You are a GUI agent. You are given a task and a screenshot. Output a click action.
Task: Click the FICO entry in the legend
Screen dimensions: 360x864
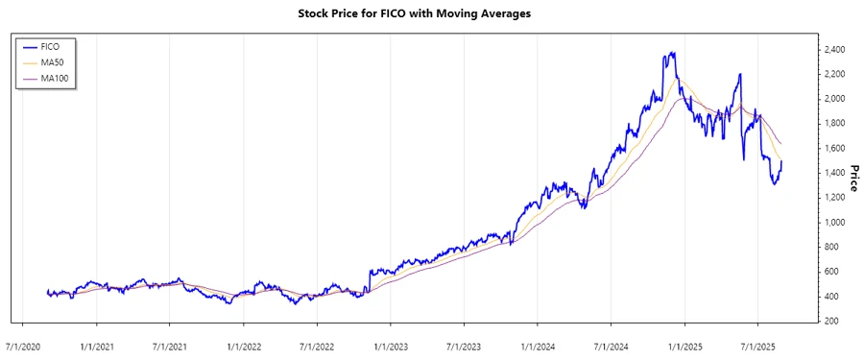(x=52, y=46)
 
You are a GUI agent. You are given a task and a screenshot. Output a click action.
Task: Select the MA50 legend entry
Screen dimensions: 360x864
(x=52, y=62)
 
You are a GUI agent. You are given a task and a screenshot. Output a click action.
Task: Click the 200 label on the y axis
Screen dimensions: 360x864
(x=829, y=321)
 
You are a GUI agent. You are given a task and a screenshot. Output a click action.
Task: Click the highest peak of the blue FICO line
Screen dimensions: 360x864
(x=673, y=53)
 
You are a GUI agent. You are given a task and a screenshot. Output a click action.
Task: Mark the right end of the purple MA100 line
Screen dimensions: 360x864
(x=781, y=144)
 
